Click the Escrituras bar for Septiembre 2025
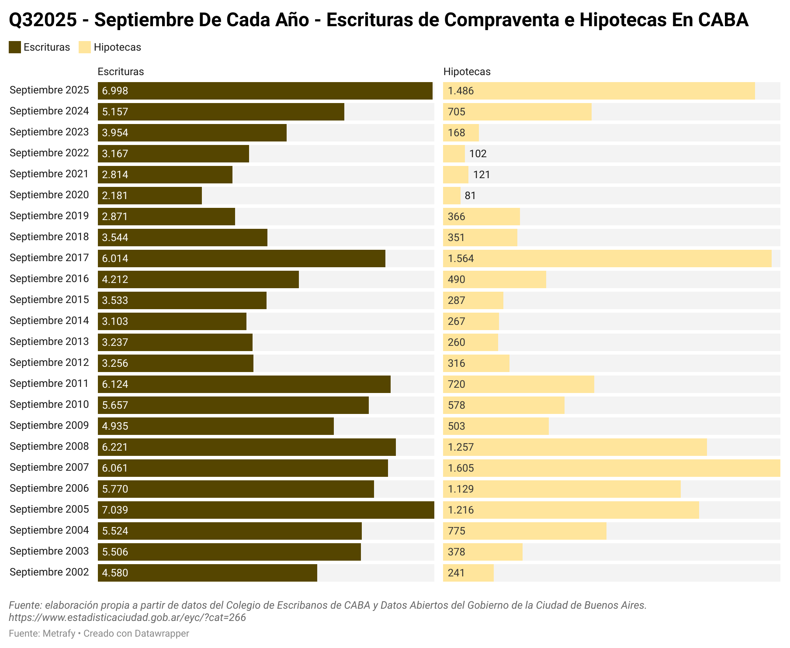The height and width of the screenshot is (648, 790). [265, 91]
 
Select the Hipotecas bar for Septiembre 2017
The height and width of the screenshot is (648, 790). [607, 259]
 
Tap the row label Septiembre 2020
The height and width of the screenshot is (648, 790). [49, 195]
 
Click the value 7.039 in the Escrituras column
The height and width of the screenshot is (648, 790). [115, 510]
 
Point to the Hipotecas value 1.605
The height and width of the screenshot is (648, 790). [461, 468]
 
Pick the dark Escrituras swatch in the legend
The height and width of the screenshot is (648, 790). [15, 47]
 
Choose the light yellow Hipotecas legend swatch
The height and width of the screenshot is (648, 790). [85, 47]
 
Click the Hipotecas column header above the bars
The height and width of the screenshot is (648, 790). [467, 72]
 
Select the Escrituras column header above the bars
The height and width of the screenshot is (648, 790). [121, 72]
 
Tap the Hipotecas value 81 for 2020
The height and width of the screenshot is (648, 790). [470, 196]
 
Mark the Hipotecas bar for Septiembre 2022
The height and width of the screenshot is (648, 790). [454, 154]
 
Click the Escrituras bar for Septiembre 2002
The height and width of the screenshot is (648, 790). [208, 573]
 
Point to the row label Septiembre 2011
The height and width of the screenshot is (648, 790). [49, 383]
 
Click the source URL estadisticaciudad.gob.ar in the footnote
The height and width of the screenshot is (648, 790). [127, 617]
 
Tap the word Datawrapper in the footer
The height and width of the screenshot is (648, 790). [162, 633]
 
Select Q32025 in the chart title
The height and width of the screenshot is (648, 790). [43, 20]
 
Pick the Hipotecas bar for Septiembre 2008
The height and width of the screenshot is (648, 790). [575, 447]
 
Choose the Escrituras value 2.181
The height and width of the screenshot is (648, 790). [115, 196]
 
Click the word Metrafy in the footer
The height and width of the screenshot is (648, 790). [59, 633]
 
